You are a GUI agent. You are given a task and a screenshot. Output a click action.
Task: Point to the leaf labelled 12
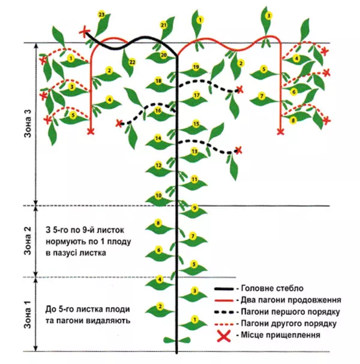coord(159,169)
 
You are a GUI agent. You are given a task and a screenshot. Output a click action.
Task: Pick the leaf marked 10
coord(159,198)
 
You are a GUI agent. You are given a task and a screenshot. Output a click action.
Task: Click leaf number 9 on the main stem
coord(194,211)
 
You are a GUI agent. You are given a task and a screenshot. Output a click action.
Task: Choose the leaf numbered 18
coord(159,85)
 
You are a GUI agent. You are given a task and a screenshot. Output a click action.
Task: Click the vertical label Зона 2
coord(28,241)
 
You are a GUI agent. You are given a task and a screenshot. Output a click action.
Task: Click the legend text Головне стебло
coord(272,288)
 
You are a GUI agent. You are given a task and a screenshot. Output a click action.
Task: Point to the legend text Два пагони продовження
coord(291,300)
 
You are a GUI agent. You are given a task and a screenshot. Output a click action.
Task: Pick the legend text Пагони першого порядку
coord(290,312)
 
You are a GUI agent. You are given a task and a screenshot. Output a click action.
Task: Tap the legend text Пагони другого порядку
coord(289,323)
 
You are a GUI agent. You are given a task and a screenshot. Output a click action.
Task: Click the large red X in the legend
coord(224,336)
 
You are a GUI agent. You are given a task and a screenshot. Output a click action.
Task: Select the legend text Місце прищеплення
coord(281,335)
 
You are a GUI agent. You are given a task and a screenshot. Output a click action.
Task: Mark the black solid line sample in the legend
coord(224,289)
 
